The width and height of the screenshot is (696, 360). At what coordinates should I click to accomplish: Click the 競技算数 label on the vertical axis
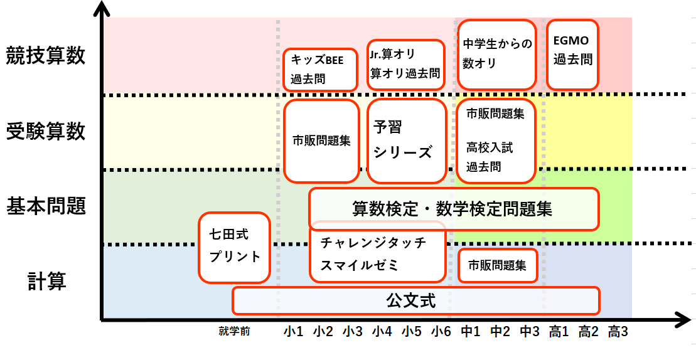click(x=45, y=56)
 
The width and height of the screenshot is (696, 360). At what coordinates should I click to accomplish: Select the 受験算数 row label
click(x=45, y=132)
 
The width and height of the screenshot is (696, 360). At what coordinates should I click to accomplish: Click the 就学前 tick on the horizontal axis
click(x=235, y=331)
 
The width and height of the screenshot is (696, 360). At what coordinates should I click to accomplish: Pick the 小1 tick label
click(x=293, y=331)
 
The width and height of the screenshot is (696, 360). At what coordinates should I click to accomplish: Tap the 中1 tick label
click(x=471, y=331)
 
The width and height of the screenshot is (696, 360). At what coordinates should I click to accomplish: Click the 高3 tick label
click(x=618, y=331)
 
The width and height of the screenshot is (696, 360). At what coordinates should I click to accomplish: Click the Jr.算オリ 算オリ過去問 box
click(x=405, y=64)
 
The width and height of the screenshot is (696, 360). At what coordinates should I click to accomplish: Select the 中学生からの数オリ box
click(x=496, y=55)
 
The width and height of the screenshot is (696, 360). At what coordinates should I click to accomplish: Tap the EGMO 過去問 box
click(x=572, y=55)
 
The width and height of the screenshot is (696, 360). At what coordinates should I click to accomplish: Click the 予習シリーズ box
click(x=404, y=140)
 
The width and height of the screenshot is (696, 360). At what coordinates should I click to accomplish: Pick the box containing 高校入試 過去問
click(x=496, y=140)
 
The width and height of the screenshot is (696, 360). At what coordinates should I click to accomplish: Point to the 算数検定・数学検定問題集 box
click(x=453, y=209)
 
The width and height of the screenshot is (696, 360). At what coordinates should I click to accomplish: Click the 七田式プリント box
click(x=234, y=247)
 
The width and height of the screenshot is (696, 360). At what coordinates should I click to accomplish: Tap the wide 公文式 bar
click(x=415, y=300)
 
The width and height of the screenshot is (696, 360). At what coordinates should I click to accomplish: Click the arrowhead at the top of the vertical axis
click(x=100, y=9)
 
